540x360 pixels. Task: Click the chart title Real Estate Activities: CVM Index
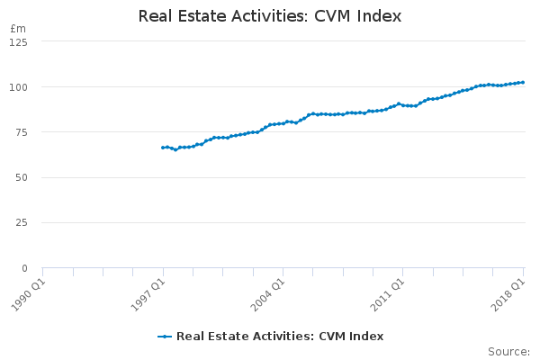(270, 16)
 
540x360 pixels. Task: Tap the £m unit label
(18, 29)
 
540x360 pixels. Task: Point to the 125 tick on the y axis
(18, 42)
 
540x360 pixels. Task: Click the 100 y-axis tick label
(18, 87)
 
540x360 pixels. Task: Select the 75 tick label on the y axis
(22, 132)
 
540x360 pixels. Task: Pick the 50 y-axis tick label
(22, 178)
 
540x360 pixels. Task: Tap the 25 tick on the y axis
(22, 222)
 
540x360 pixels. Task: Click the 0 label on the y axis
(24, 268)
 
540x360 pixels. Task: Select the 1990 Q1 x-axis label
(28, 295)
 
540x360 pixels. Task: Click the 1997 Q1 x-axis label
(148, 295)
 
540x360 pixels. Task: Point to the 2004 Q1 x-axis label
(268, 295)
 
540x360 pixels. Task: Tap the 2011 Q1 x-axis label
(387, 295)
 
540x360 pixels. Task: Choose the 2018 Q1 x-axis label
(508, 295)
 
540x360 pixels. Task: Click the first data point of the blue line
(163, 148)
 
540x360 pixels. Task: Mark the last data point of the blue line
(523, 82)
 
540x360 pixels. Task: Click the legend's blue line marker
(165, 337)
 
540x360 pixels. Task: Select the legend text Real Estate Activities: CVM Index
(280, 337)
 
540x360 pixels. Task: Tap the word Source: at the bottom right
(509, 352)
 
